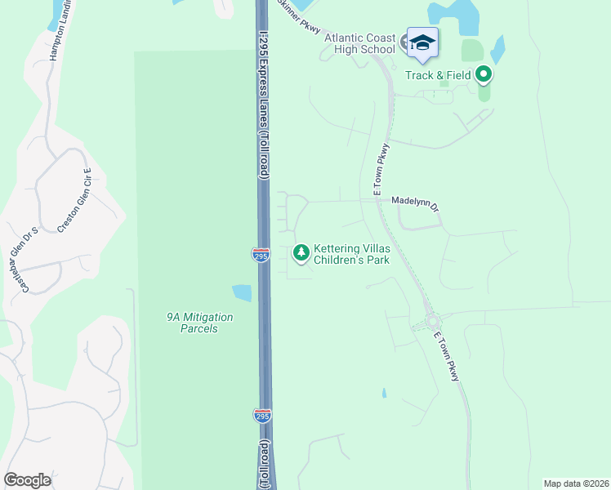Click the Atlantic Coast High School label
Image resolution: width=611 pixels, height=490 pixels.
(x=359, y=43)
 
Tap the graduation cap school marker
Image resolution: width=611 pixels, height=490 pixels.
(x=422, y=42)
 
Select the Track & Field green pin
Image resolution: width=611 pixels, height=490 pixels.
(x=483, y=75)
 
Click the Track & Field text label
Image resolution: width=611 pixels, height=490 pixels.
(x=439, y=75)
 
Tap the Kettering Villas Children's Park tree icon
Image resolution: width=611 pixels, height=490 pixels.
(x=301, y=253)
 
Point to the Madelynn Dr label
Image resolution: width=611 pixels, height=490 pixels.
(x=415, y=199)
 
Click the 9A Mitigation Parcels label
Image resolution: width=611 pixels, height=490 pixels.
(x=195, y=323)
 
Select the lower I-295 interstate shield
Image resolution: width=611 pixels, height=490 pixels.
(x=261, y=416)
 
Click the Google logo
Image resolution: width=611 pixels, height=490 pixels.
(x=27, y=480)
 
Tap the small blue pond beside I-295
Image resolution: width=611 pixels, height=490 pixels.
(x=243, y=292)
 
